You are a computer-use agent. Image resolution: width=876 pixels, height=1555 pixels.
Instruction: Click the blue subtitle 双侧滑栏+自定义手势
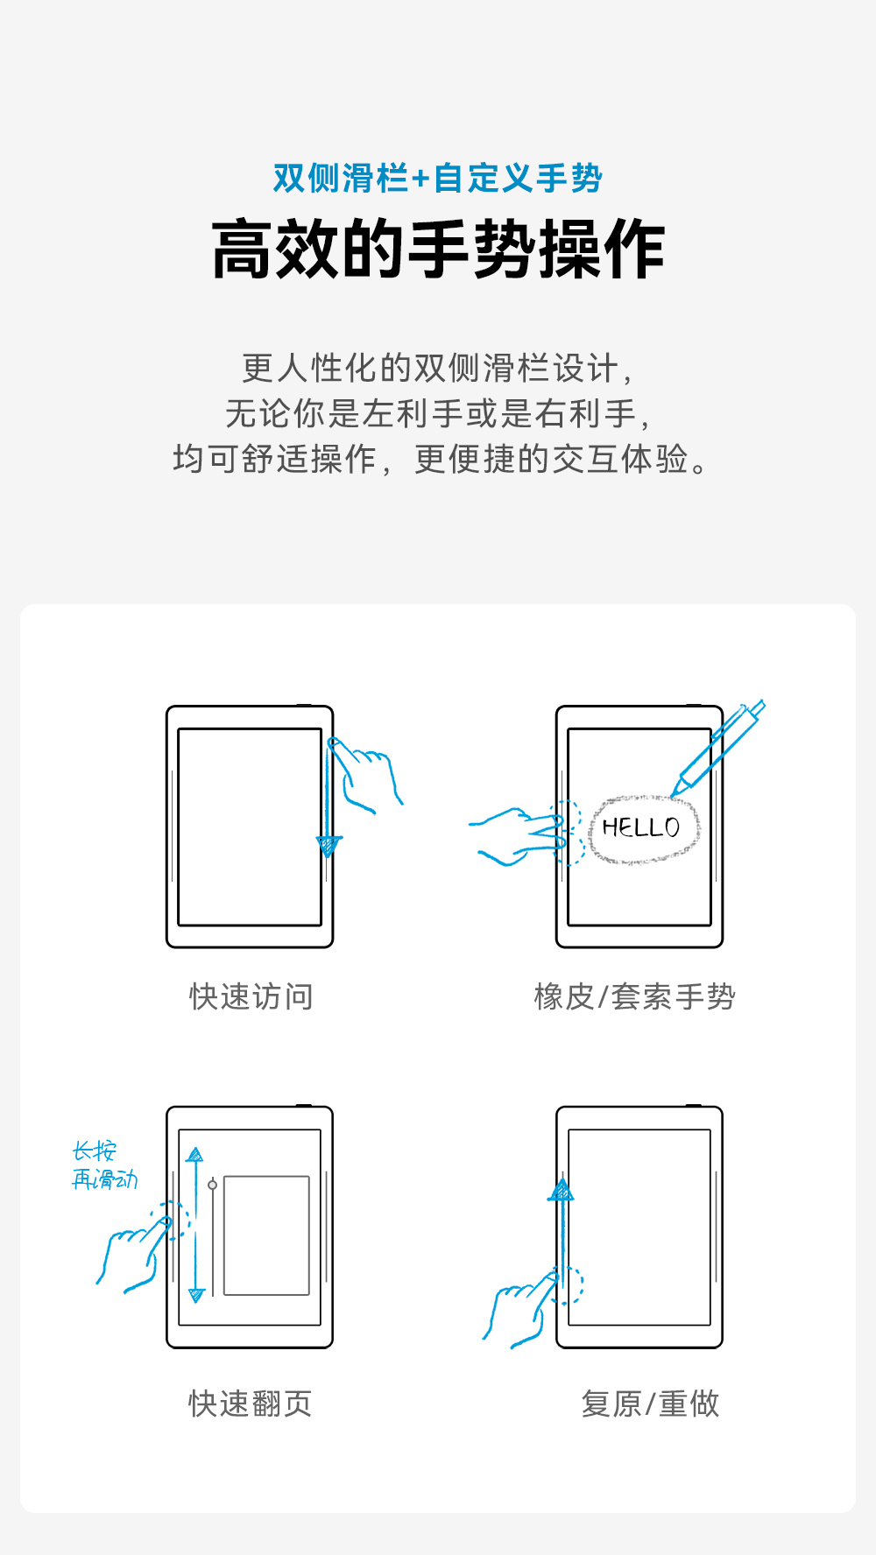click(437, 179)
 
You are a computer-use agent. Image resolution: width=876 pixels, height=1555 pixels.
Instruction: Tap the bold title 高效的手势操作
click(437, 250)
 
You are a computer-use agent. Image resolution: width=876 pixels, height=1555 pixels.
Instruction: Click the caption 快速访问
click(251, 996)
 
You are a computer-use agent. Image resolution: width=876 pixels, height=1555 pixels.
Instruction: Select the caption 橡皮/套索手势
click(635, 996)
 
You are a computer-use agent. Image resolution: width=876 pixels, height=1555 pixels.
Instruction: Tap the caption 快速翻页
click(251, 1404)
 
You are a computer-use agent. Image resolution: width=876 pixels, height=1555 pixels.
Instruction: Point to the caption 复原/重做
click(650, 1404)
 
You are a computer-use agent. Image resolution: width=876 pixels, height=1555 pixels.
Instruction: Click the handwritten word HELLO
click(641, 827)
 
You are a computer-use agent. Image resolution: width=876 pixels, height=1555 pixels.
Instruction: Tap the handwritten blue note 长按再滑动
click(103, 1165)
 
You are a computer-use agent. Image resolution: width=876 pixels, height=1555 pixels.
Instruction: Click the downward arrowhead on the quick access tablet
click(328, 846)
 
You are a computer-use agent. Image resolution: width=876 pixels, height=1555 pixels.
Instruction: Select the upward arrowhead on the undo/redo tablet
click(562, 1191)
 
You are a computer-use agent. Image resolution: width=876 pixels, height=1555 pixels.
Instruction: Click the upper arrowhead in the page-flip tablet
click(195, 1155)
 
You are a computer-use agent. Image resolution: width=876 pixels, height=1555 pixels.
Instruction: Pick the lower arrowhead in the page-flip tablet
click(196, 1295)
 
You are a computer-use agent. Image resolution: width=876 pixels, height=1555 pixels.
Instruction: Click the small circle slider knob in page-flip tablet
click(212, 1185)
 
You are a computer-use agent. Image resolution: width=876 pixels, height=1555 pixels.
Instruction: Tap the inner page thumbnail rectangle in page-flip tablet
click(266, 1235)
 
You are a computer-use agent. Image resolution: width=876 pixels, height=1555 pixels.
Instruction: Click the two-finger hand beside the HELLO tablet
click(517, 836)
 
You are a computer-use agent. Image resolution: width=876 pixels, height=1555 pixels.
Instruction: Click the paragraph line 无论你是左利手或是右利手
click(437, 413)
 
